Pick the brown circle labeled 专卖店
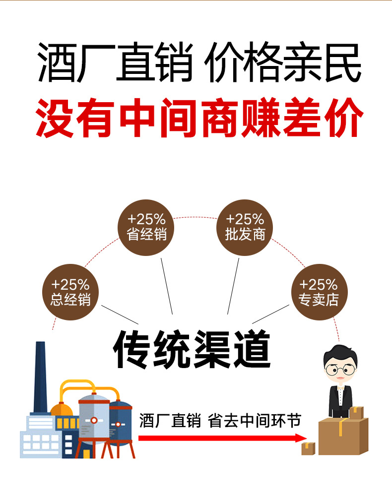tap(318, 292)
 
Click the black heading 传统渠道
tap(192, 349)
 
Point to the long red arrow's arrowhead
tap(302, 438)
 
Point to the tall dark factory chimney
tap(40, 377)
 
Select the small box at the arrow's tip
tap(308, 448)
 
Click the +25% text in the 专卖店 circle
tap(318, 284)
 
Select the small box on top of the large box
tap(356, 412)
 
